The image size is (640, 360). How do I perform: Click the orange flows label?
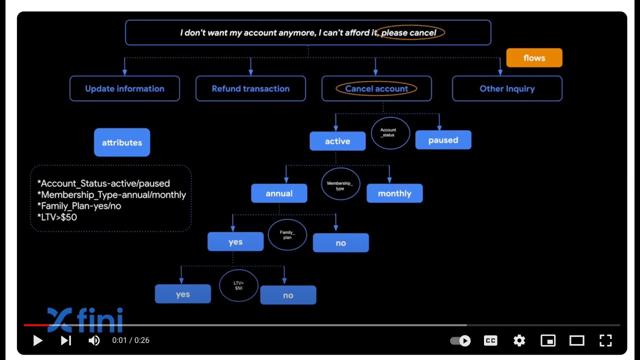coord(534,58)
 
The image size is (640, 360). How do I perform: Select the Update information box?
coord(124,88)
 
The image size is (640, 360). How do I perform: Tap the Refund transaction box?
coord(250,88)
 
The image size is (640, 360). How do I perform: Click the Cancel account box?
coord(376,88)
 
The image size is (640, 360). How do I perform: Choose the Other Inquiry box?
coord(507,88)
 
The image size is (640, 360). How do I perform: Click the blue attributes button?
coord(122,142)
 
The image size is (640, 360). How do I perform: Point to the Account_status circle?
coord(390,132)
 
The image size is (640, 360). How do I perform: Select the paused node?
coord(443,140)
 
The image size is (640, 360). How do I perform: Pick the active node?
coord(337,141)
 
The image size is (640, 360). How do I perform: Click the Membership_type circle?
coord(340,184)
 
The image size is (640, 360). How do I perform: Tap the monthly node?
coord(394,193)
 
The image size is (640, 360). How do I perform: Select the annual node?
coord(279,193)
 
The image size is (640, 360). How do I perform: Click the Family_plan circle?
coord(287,234)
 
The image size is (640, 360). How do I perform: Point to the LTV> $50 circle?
coord(238,285)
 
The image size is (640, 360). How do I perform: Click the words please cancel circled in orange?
coord(409,33)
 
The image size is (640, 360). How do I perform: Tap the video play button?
coord(37,340)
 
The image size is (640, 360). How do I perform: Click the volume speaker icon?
coord(94,340)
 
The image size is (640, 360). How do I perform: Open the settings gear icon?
coord(519,340)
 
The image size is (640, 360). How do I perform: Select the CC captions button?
coord(490,340)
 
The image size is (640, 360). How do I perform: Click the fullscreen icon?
coord(605,340)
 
